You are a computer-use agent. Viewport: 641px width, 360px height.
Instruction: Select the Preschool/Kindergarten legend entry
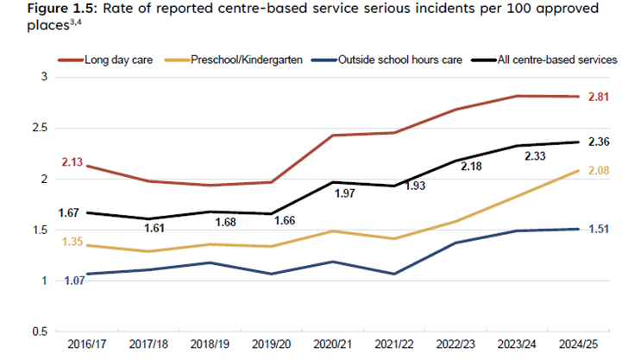coord(245,60)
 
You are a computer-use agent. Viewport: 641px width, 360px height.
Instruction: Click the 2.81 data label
coord(598,97)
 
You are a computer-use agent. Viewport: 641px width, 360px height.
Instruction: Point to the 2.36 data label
coord(598,142)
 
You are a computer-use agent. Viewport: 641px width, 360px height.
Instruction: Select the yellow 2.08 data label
coord(598,170)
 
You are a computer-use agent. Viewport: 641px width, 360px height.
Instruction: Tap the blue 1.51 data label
coord(598,229)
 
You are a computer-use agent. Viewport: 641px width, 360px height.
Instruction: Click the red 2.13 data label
coord(72,161)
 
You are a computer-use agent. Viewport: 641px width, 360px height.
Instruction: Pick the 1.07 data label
coord(72,280)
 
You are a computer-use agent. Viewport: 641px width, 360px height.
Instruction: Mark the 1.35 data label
coord(72,242)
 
